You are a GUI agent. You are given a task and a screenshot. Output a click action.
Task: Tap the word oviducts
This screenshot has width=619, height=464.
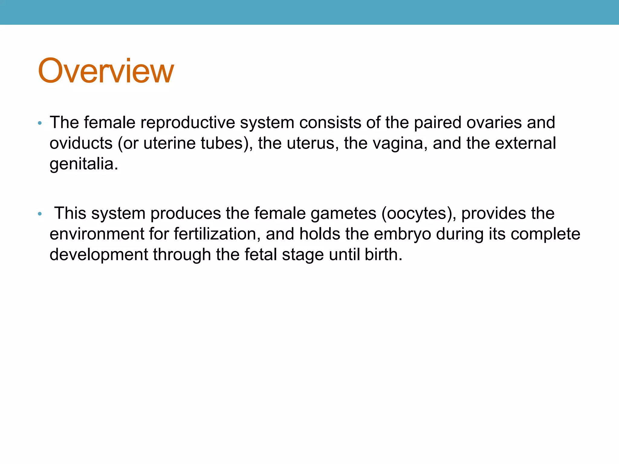tap(81, 143)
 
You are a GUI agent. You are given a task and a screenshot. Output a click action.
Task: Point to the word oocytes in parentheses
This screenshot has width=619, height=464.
tap(416, 214)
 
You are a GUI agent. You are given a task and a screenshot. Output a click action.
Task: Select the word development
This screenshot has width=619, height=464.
tap(99, 255)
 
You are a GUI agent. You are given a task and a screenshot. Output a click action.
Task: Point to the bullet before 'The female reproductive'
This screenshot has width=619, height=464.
tap(40, 123)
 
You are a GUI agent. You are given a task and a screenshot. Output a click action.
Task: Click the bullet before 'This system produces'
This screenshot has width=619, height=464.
tap(40, 214)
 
